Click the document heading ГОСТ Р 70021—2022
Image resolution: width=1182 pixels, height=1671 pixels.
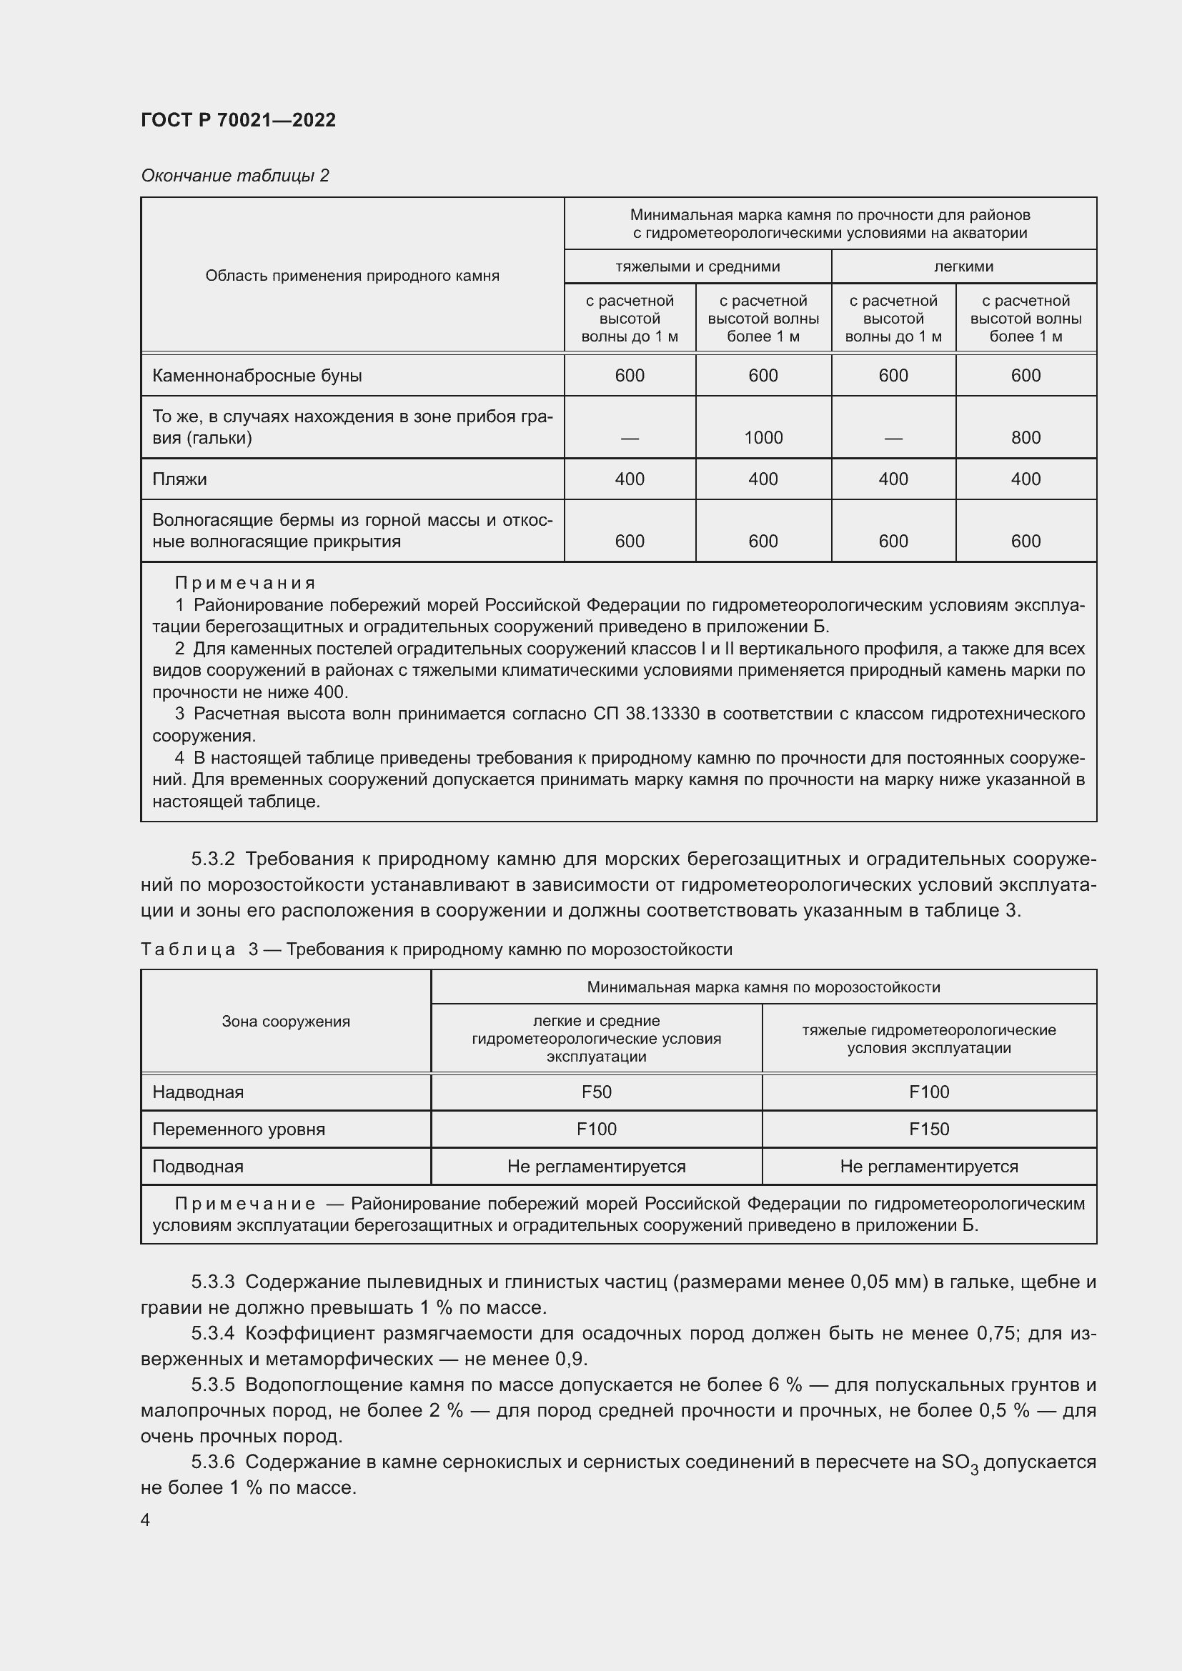[238, 120]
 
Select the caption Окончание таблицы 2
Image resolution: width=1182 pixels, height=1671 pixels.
[234, 176]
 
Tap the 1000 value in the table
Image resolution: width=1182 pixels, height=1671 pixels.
[763, 437]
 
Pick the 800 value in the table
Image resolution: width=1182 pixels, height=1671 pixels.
[1025, 437]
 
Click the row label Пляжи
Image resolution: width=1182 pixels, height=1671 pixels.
[179, 479]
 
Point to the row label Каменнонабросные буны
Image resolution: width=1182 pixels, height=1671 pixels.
[257, 376]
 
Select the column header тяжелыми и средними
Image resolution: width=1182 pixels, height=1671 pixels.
[697, 266]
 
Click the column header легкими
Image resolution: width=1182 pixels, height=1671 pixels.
[963, 266]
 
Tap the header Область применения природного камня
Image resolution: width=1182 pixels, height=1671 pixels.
[352, 276]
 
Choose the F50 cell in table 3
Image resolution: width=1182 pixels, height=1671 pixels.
[596, 1092]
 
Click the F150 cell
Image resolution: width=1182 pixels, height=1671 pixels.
[929, 1129]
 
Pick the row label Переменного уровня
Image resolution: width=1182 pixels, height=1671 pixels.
[238, 1129]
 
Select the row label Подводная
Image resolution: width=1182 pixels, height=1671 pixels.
[197, 1166]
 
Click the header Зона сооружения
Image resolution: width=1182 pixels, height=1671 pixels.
[285, 1021]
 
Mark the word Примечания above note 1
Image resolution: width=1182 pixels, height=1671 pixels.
[245, 583]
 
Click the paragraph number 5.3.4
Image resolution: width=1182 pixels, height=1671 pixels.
[212, 1333]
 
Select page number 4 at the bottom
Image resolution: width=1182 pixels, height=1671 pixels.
[145, 1520]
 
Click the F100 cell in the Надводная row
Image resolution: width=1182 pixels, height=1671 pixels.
[929, 1092]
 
